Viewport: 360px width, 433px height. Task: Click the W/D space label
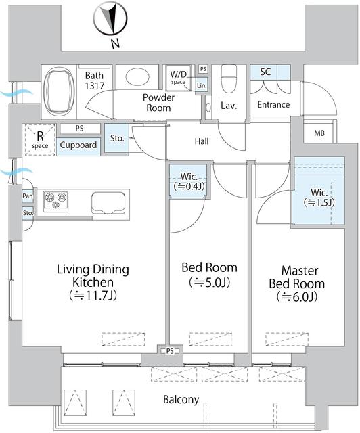(x=178, y=77)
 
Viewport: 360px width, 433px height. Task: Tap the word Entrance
(x=273, y=104)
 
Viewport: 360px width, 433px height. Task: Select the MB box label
(x=319, y=133)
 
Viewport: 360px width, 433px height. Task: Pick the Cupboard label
(x=78, y=145)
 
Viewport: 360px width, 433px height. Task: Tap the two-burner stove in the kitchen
(x=55, y=199)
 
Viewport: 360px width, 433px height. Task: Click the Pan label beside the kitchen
(x=27, y=196)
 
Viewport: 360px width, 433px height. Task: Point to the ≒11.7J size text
(x=92, y=295)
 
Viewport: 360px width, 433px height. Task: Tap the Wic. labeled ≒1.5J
(x=313, y=197)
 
